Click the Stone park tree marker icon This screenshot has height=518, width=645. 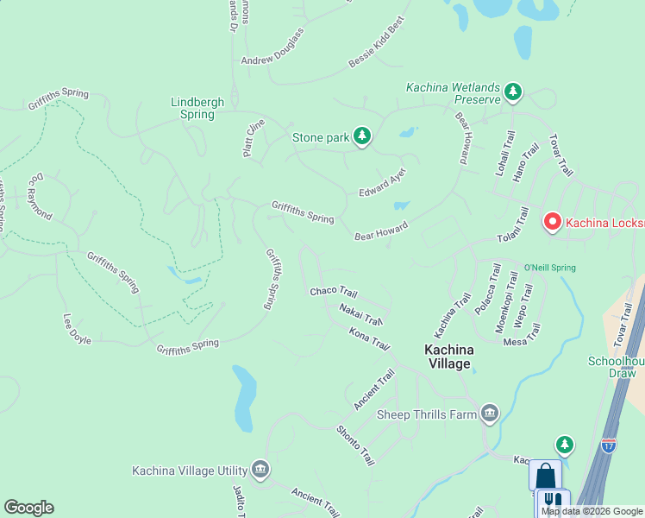(363, 136)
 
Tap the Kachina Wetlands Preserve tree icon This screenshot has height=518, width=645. (513, 91)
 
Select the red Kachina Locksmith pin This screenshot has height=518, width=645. (552, 223)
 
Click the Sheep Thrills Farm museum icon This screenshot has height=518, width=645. (490, 414)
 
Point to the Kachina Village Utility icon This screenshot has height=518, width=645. (260, 471)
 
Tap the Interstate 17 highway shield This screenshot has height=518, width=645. (609, 445)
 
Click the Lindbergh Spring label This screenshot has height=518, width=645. (197, 108)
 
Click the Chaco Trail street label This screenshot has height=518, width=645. (333, 292)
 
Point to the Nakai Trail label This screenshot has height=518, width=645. (360, 314)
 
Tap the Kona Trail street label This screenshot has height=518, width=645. (369, 338)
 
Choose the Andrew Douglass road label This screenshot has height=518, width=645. (272, 48)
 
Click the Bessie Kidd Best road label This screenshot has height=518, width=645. (376, 47)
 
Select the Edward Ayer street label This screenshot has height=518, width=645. (382, 182)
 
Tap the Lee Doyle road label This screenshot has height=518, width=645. (77, 328)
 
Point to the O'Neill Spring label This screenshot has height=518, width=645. (552, 268)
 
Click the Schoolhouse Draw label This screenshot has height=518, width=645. (616, 367)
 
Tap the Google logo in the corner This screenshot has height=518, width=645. (28, 508)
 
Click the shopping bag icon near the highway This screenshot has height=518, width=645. (545, 476)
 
